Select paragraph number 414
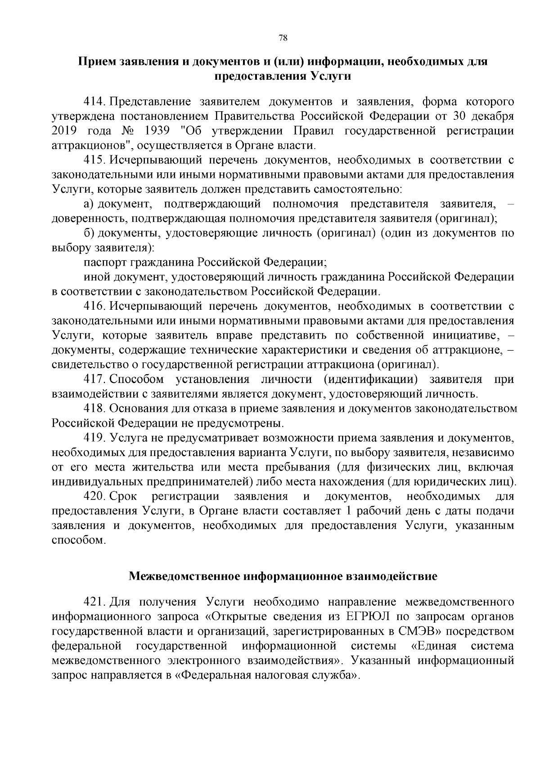pyautogui.click(x=95, y=102)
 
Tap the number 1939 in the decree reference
pyautogui.click(x=159, y=131)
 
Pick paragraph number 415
pyautogui.click(x=95, y=160)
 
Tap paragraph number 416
pyautogui.click(x=95, y=307)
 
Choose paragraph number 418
pyautogui.click(x=95, y=409)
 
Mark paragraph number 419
pyautogui.click(x=95, y=438)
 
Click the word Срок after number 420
pyautogui.click(x=123, y=497)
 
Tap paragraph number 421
pyautogui.click(x=95, y=602)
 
